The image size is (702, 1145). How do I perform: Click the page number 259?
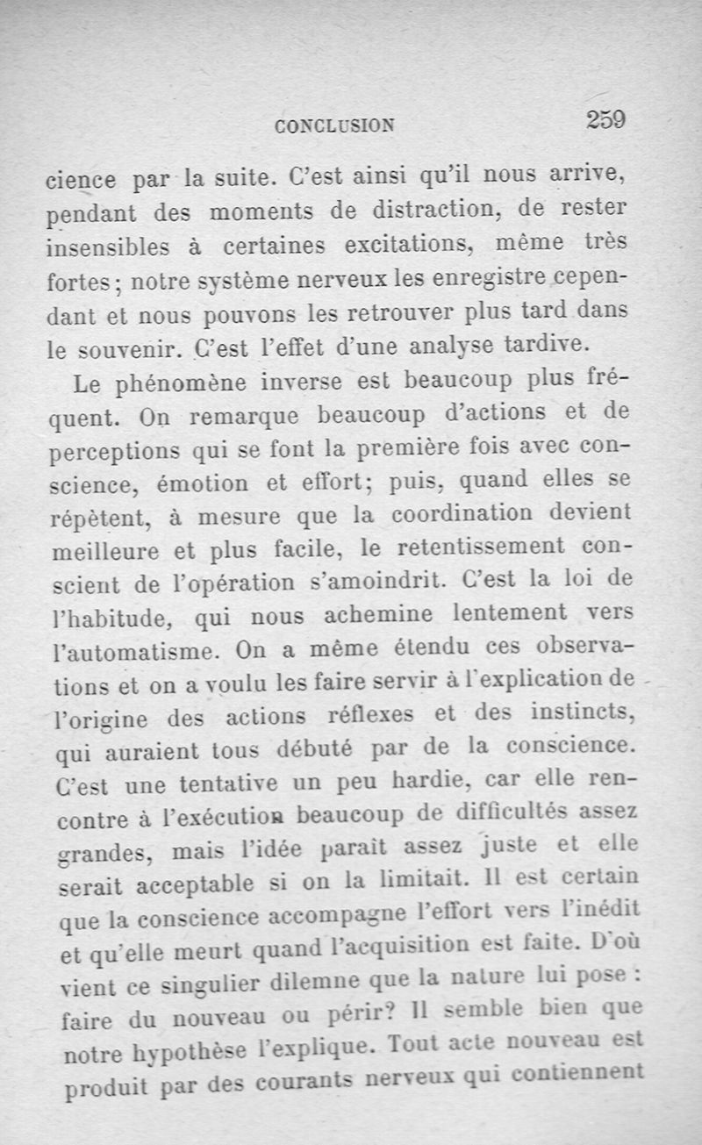(x=605, y=118)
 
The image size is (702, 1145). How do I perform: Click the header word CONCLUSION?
(x=334, y=125)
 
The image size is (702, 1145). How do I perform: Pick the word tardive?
(x=547, y=344)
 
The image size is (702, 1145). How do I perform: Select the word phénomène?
(x=199, y=383)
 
